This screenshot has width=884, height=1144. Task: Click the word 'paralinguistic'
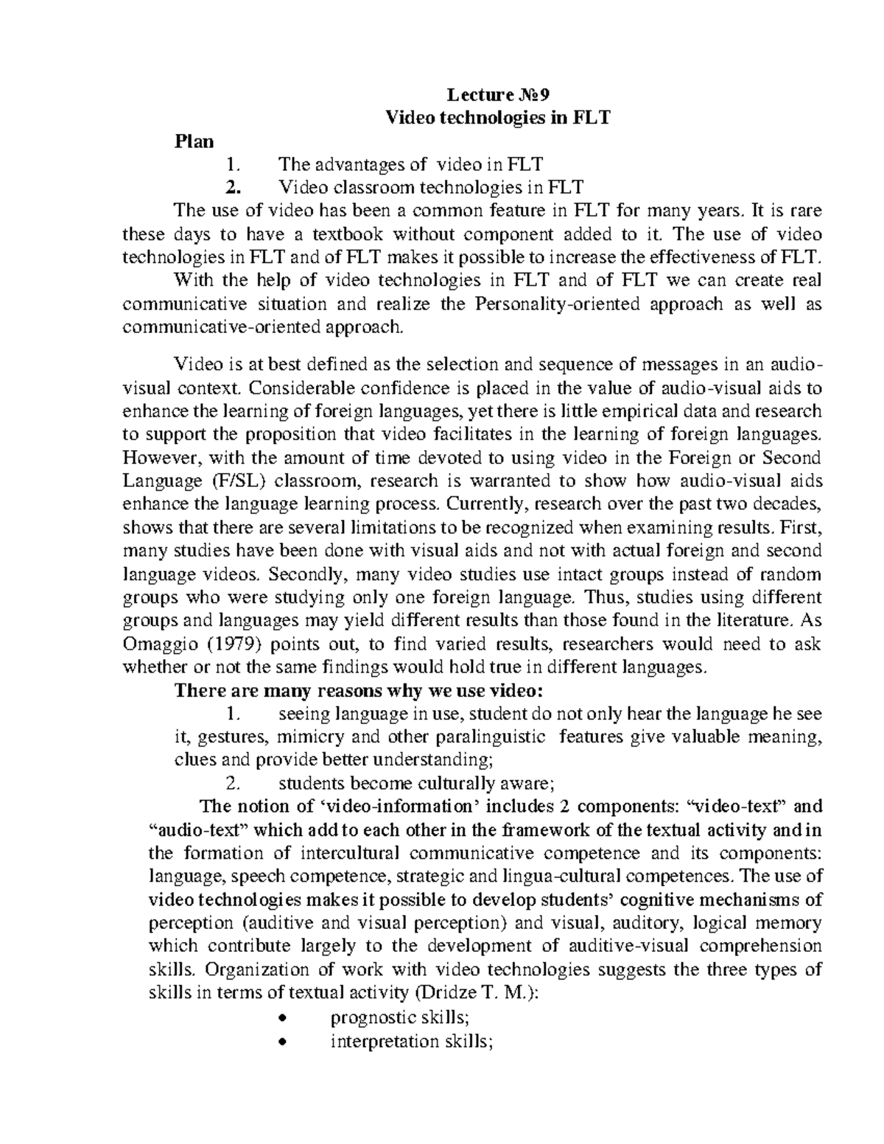point(490,737)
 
